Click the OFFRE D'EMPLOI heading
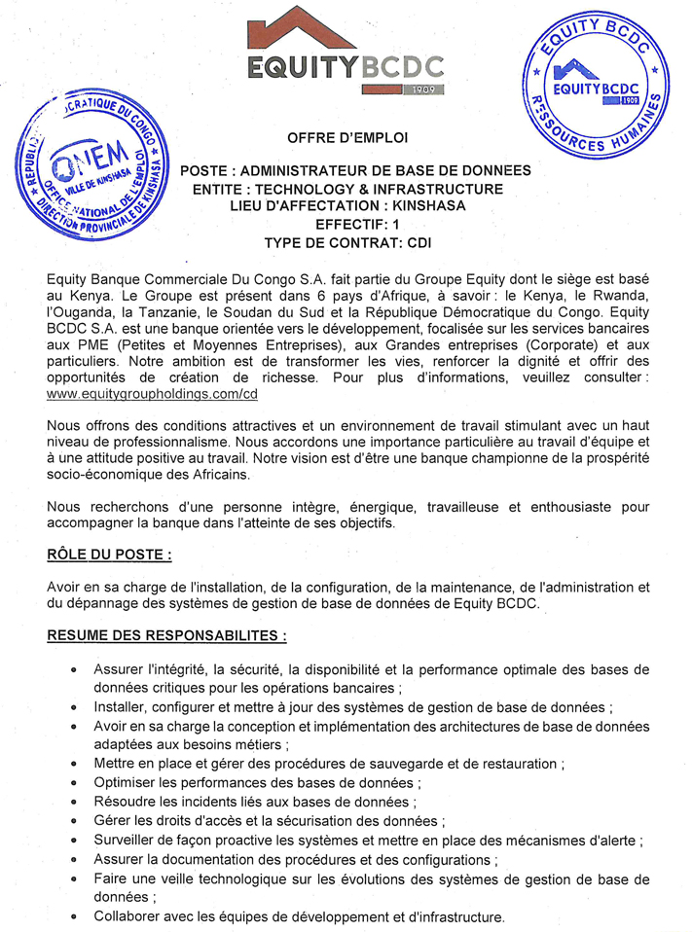(347, 137)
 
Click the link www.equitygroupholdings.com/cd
(151, 396)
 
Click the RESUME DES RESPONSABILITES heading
(166, 636)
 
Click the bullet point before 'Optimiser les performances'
(75, 783)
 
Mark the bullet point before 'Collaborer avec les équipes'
(75, 917)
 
